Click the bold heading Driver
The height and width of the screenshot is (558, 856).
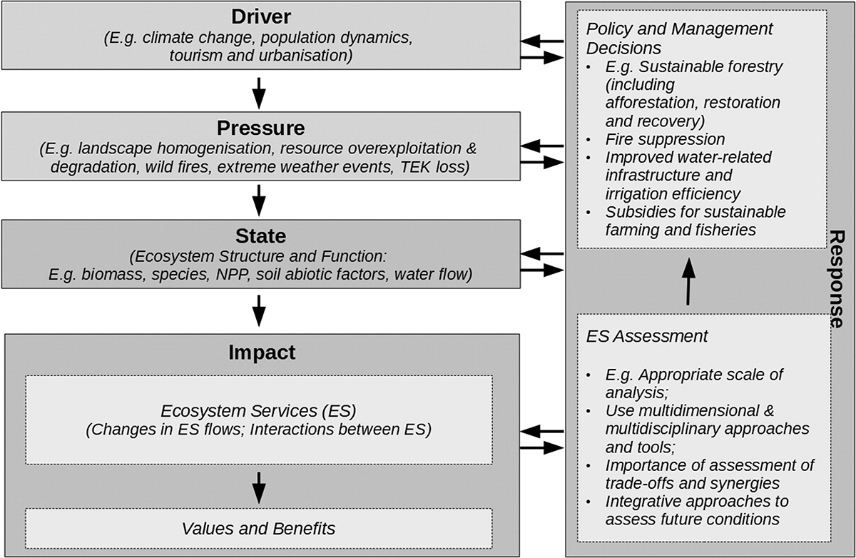tap(261, 17)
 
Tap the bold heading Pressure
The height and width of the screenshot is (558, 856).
tap(260, 128)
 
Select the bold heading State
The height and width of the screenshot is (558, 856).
tap(260, 235)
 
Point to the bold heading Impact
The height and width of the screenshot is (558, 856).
tap(262, 352)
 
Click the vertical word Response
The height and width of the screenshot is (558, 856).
tap(837, 278)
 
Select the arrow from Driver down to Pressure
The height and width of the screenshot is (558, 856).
tap(259, 93)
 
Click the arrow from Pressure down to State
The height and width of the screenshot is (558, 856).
tap(259, 201)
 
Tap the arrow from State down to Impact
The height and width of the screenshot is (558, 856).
tap(259, 310)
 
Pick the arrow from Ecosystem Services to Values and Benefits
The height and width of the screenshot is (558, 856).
tap(259, 488)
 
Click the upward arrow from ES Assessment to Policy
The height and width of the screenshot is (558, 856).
tap(688, 281)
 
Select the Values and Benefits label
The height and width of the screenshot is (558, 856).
tap(258, 529)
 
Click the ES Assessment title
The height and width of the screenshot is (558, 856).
tap(646, 336)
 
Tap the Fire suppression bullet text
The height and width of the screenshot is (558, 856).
tap(665, 139)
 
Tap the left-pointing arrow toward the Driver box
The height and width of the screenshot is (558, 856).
tap(542, 41)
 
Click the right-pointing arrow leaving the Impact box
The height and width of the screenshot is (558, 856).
tap(542, 447)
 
